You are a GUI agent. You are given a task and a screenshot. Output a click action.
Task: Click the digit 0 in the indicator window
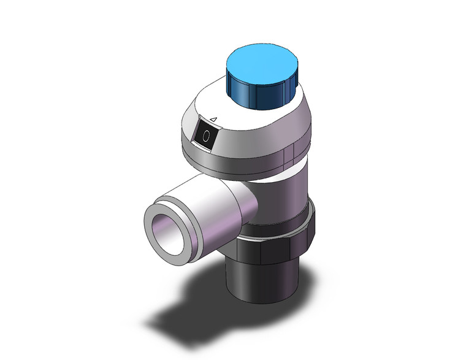coord(205,136)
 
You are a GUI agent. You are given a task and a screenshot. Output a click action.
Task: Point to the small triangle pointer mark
coord(213,119)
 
